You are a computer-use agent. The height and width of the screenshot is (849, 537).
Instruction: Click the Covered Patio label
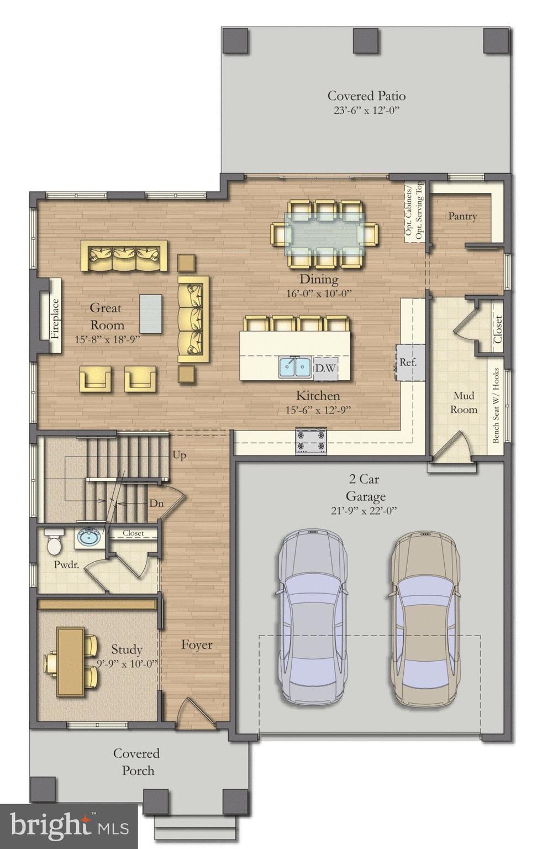366,96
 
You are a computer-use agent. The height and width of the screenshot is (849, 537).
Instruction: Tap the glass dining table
324,233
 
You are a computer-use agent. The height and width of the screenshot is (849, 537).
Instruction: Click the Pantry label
462,216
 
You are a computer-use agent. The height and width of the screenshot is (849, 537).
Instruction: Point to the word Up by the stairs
179,455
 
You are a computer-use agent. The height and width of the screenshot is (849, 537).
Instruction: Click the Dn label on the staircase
156,504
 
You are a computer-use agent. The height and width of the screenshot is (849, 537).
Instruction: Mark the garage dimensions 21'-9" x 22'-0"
364,511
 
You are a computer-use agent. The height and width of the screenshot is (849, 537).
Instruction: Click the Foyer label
197,645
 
